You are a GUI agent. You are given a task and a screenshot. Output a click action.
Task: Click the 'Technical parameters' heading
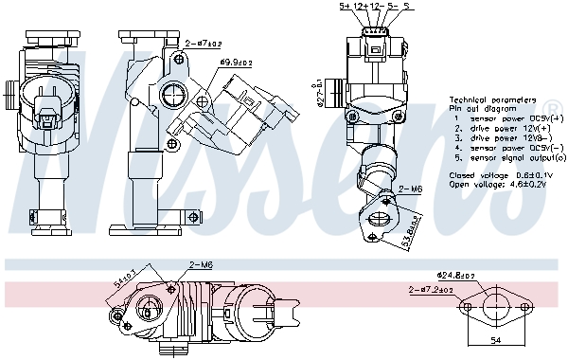(492, 99)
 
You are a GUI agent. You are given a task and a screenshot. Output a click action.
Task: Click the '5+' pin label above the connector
(346, 8)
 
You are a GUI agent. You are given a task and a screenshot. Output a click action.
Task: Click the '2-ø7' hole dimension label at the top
(203, 43)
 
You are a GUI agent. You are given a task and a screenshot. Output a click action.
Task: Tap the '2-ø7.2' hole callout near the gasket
(430, 290)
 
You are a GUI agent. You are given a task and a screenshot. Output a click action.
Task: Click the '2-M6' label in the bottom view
(177, 264)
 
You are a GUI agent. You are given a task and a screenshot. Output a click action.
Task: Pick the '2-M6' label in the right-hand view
(410, 190)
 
